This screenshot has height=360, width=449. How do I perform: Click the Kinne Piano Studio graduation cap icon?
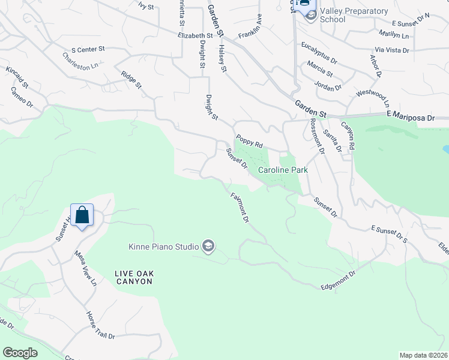pyautogui.click(x=208, y=246)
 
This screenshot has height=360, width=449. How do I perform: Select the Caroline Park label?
pyautogui.click(x=283, y=170)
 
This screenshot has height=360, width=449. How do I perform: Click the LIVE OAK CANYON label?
pyautogui.click(x=134, y=277)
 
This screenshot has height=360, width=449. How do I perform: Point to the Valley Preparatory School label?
pyautogui.click(x=341, y=15)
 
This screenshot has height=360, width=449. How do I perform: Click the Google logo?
pyautogui.click(x=20, y=353)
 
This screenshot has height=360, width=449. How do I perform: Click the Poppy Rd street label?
pyautogui.click(x=249, y=141)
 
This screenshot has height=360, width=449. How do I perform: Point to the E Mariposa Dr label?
pyautogui.click(x=410, y=118)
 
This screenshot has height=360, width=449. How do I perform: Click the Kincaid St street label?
pyautogui.click(x=17, y=79)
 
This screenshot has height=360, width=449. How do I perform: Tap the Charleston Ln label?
pyautogui.click(x=80, y=62)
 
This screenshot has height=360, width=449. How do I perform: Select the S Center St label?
pyautogui.click(x=88, y=48)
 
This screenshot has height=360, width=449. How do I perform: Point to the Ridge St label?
pyautogui.click(x=131, y=80)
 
